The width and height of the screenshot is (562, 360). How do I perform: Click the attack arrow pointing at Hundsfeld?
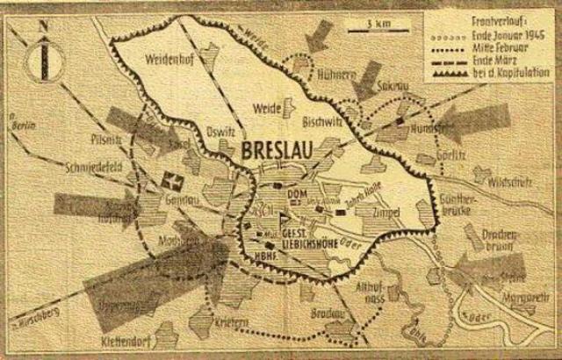pos(470,121)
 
